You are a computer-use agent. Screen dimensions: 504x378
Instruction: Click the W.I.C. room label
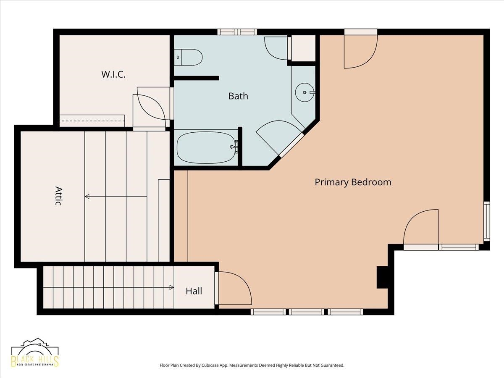113,74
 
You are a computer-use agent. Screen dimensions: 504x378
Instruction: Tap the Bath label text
238,96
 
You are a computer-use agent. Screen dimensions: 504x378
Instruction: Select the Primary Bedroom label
353,182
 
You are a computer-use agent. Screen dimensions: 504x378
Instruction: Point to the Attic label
58,196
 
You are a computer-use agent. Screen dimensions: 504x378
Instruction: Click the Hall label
194,291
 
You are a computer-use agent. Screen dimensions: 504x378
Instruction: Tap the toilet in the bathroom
188,58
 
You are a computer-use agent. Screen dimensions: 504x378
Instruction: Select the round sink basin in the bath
304,92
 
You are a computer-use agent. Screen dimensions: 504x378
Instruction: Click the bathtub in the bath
206,147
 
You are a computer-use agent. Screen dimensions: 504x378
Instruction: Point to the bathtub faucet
234,147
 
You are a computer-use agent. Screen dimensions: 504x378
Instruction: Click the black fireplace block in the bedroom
382,277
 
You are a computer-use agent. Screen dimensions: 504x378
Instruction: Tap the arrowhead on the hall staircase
171,287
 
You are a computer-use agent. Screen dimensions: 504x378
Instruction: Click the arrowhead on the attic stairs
87,197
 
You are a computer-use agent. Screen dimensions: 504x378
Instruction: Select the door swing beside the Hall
235,289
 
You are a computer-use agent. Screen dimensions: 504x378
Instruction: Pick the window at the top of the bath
237,32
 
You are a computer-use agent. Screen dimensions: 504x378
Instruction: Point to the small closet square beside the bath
303,48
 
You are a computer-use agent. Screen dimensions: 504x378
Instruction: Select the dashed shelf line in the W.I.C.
92,121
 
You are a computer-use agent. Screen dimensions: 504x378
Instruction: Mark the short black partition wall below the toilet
196,78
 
